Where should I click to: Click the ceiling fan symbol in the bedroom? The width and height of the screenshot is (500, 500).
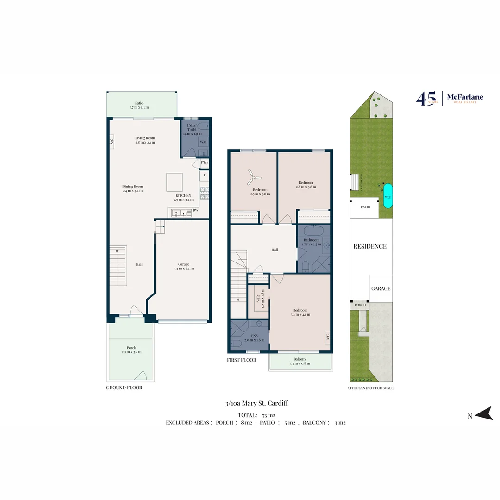[x=254, y=175]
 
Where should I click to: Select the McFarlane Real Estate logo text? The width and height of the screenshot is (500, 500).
[x=465, y=98]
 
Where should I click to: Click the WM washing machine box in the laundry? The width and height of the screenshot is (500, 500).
[x=203, y=142]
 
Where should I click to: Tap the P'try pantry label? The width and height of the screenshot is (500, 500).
[x=204, y=163]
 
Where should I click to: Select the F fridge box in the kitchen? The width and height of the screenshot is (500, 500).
[x=204, y=176]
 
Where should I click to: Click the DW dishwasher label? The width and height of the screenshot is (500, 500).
[x=195, y=211]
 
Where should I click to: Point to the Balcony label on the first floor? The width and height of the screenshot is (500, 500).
[x=300, y=359]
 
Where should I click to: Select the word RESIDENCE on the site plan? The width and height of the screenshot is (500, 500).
[x=370, y=246]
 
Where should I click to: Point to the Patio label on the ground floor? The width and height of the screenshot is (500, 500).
[x=139, y=103]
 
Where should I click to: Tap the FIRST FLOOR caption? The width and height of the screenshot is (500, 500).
[x=241, y=360]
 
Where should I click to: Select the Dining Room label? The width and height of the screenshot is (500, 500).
[x=132, y=187]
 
